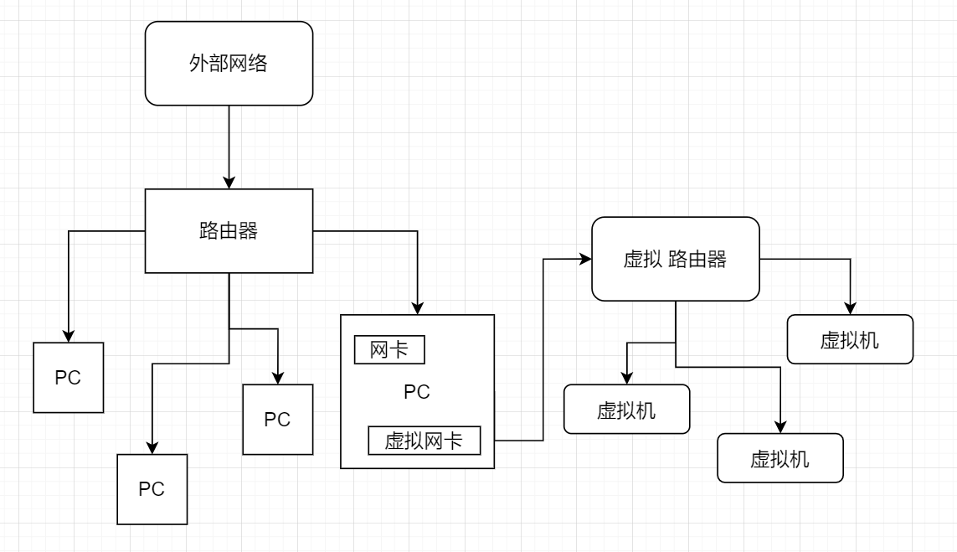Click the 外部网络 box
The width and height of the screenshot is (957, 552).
[x=229, y=63]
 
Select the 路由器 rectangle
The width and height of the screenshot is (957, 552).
[x=229, y=230]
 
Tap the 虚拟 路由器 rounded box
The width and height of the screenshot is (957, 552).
[x=675, y=259]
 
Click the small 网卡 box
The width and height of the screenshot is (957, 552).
[x=389, y=350]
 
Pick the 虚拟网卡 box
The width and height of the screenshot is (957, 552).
[x=424, y=441]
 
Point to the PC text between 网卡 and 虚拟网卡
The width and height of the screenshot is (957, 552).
[x=416, y=392]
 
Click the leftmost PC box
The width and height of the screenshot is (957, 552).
[x=68, y=377]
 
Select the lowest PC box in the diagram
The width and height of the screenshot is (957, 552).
[x=152, y=488]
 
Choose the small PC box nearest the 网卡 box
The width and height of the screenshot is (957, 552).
[x=277, y=419]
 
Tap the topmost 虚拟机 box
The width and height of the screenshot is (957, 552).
[x=850, y=339]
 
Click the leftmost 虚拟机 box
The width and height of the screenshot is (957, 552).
[x=626, y=410]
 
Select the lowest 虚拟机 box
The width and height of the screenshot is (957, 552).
[x=780, y=457]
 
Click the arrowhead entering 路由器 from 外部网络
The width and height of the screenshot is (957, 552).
[x=229, y=183]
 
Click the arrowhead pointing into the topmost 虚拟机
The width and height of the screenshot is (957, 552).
[x=850, y=309]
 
